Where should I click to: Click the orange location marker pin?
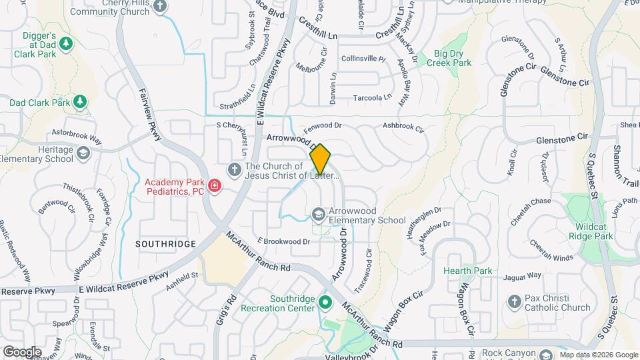320,159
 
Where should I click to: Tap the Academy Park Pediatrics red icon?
215,185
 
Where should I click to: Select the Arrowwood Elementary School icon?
319,214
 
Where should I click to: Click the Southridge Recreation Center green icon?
325,303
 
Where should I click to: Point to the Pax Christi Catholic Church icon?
514,302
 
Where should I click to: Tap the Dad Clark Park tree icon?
80,102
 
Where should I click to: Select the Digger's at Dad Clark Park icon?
65,44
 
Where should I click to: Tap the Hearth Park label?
467,271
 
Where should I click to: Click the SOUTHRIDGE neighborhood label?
165,244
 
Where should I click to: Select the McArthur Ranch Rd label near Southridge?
259,252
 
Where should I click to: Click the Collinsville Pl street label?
363,59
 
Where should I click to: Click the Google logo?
22,352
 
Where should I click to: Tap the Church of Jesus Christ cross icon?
234,169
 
